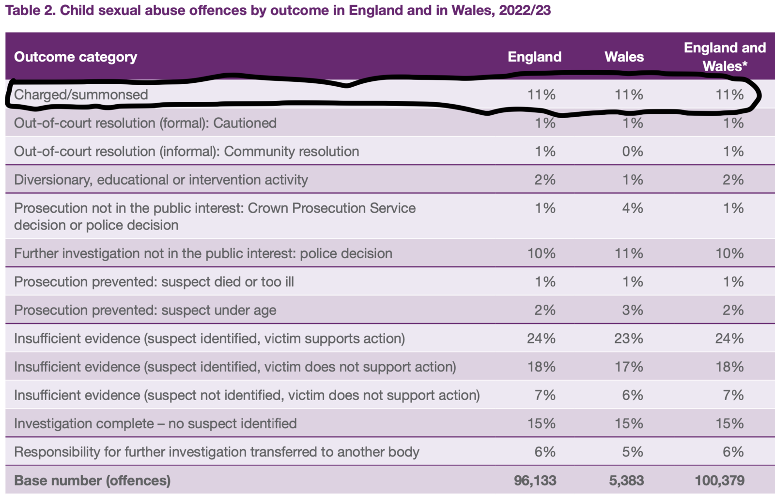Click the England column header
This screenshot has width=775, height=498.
pyautogui.click(x=534, y=57)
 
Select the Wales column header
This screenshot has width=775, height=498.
pyautogui.click(x=624, y=57)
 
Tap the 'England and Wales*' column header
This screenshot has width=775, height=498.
pyautogui.click(x=725, y=57)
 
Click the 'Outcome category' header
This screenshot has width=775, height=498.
pyautogui.click(x=76, y=57)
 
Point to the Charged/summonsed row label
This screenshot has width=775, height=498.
pyautogui.click(x=81, y=94)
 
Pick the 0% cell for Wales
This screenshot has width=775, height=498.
pyautogui.click(x=633, y=152)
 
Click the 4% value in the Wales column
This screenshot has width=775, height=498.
pyautogui.click(x=633, y=208)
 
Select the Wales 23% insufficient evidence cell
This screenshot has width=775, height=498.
pyautogui.click(x=629, y=339)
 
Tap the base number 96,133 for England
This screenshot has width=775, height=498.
pyautogui.click(x=535, y=481)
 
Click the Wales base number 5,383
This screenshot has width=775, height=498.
pyautogui.click(x=626, y=481)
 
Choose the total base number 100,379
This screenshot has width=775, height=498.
pyautogui.click(x=719, y=481)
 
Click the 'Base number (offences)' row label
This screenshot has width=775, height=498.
pyautogui.click(x=93, y=481)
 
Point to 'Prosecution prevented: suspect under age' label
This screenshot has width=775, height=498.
pyautogui.click(x=145, y=311)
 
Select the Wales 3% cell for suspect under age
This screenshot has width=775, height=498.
pyautogui.click(x=633, y=311)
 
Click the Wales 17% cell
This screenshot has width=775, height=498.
pyautogui.click(x=629, y=367)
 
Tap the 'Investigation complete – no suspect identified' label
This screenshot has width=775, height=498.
pyautogui.click(x=155, y=424)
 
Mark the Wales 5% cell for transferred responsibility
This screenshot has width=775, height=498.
pyautogui.click(x=633, y=452)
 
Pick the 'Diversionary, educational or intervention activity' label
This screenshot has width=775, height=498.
pyautogui.click(x=161, y=180)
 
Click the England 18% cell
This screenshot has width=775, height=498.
pyautogui.click(x=541, y=367)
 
